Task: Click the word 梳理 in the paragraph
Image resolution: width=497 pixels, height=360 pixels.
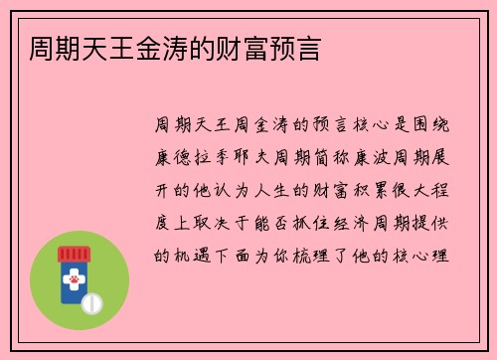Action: pyautogui.click(x=324, y=253)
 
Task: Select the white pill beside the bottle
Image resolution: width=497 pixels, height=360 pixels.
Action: pyautogui.click(x=93, y=301)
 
